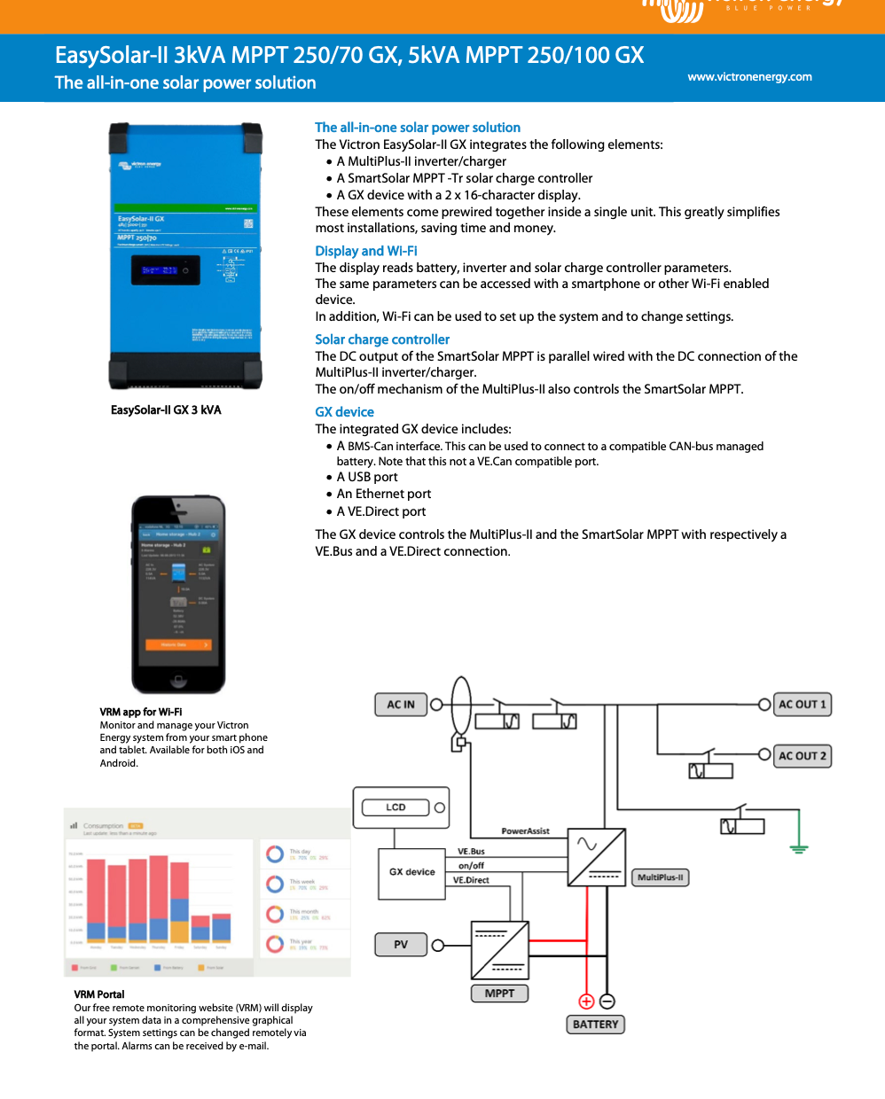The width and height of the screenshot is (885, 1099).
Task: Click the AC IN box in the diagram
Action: (401, 705)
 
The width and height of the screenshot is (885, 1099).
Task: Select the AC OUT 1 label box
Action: (802, 705)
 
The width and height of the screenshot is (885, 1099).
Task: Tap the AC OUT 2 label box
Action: (802, 756)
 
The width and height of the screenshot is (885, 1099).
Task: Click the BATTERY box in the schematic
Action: (595, 1025)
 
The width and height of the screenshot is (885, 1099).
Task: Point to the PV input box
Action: (401, 945)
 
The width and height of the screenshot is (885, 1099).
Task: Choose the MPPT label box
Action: (499, 994)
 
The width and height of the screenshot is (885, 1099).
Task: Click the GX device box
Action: (412, 873)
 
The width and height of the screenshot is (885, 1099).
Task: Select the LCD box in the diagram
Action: (396, 807)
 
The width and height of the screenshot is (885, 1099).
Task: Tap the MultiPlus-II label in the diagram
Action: (661, 877)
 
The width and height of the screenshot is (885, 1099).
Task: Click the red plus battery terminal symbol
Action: (586, 1002)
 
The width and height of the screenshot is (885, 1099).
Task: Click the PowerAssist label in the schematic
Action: (525, 831)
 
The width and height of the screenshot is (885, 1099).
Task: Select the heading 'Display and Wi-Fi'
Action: (366, 251)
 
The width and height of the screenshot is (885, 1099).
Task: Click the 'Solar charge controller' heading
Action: (382, 339)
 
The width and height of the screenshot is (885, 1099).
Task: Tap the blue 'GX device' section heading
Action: (344, 412)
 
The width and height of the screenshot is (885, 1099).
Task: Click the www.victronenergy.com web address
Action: (749, 77)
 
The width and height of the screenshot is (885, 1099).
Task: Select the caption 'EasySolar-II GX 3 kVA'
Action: (166, 410)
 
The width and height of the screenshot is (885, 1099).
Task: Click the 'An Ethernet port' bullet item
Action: (384, 494)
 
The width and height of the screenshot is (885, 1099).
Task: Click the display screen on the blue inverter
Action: (160, 270)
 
